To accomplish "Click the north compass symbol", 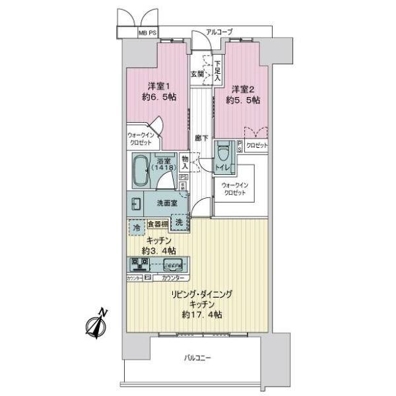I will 97,323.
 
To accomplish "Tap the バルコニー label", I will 197,358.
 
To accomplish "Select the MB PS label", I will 146,32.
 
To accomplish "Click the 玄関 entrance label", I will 197,73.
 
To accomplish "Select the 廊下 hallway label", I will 201,139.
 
